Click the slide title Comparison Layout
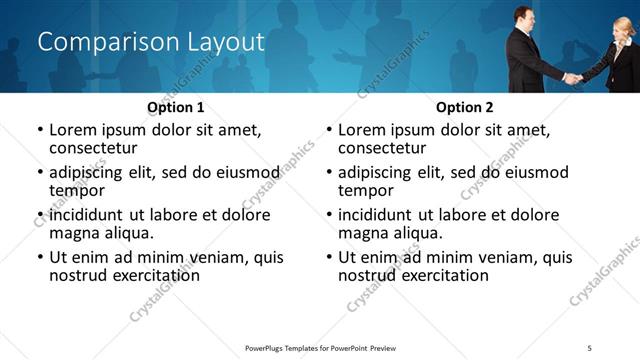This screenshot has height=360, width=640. tap(150, 42)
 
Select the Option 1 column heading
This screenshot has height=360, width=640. tap(175, 107)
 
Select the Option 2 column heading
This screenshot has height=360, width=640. tap(464, 107)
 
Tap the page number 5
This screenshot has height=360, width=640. tap(590, 348)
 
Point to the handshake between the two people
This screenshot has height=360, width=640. tap(572, 76)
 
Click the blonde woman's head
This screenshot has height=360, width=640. tap(623, 27)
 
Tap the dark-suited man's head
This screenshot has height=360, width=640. tap(523, 17)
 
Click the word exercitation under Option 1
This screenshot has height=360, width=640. tap(142, 275)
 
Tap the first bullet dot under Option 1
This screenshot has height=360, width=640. tap(40, 130)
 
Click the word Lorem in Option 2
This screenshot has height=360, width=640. tap(363, 129)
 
